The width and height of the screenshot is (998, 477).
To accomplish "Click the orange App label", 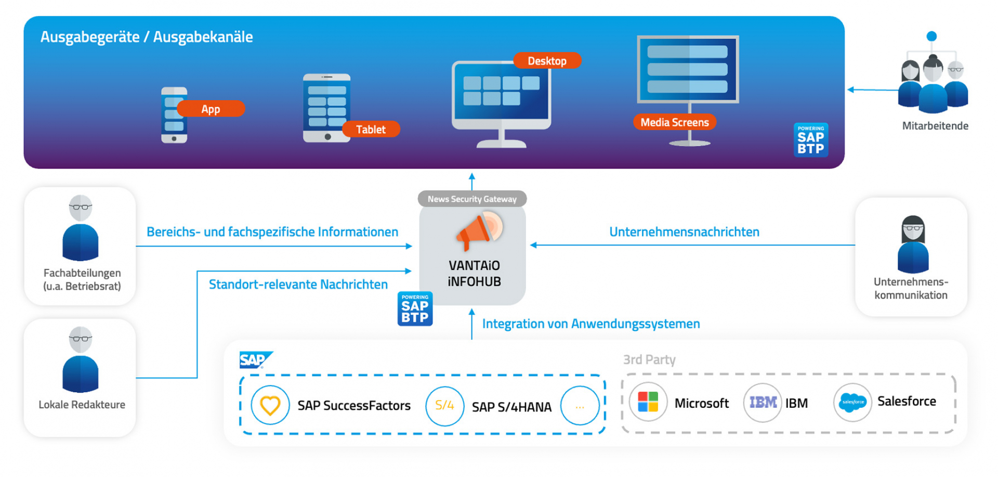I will (211, 109).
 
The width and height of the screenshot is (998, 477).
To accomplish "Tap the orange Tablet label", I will (371, 130).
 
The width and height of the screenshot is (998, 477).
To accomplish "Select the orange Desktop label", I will (547, 61).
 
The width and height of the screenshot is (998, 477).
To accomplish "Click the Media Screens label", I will (674, 122).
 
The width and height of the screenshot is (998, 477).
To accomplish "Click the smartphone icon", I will (174, 115).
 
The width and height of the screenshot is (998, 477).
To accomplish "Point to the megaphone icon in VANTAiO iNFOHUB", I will (478, 229).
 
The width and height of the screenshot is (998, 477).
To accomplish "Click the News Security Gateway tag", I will (472, 199).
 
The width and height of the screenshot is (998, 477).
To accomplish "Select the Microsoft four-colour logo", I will (648, 403).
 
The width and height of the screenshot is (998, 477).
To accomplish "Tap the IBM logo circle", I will (763, 403).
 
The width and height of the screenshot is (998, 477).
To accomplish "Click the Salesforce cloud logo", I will (852, 403).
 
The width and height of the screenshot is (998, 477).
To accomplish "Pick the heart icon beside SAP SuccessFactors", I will (270, 405).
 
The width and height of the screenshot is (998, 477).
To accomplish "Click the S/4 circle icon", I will (444, 406).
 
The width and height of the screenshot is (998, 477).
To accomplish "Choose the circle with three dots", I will (580, 406).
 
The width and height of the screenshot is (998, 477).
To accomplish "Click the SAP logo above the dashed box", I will (255, 360).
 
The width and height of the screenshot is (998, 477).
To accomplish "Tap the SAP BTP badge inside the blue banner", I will (810, 140).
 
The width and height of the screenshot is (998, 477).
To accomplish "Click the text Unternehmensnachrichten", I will (684, 232).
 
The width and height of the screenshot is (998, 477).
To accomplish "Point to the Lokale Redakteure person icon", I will (81, 360).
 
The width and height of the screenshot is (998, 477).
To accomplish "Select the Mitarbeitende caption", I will (935, 126).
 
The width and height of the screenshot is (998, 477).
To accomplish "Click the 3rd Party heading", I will (649, 359).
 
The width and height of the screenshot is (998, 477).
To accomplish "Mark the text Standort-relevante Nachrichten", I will (298, 285).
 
